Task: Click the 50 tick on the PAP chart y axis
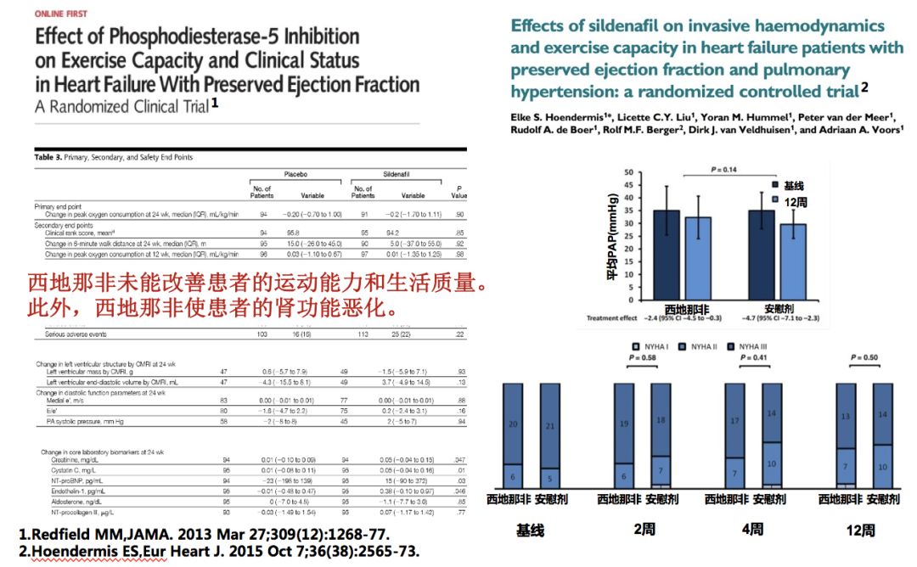[x=629, y=173]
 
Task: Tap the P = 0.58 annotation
[x=644, y=359]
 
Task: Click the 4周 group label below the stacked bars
[x=749, y=530]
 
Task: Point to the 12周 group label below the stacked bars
[x=860, y=530]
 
